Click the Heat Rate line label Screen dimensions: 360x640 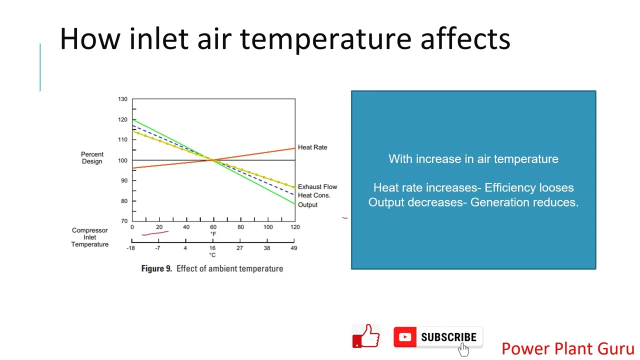312,147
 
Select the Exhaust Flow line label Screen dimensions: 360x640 317,186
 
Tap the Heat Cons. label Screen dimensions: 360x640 314,195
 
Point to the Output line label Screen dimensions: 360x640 307,204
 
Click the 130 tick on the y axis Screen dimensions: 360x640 122,99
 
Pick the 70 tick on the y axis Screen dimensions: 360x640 123,220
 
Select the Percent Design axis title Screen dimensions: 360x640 92,157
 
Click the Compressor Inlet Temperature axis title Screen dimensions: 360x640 89,237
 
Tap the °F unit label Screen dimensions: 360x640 213,234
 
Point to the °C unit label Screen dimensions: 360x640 212,255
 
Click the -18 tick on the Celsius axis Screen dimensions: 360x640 131,248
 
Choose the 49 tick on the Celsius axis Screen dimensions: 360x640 293,248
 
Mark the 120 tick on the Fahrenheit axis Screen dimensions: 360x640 295,227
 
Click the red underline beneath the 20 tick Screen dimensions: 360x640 155,232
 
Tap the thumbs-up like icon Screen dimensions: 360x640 366,336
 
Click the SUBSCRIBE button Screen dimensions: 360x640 438,337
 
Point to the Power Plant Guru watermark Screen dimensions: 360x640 567,348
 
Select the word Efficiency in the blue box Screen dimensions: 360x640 503,187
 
